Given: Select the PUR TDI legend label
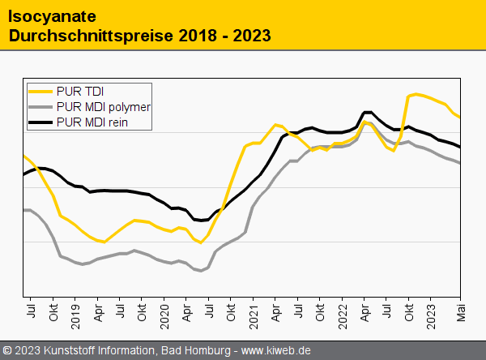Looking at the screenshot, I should point(80,91).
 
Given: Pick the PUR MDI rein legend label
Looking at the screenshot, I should point(92,123).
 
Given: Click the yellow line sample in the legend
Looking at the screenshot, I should point(40,91).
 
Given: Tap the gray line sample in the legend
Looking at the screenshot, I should point(40,107).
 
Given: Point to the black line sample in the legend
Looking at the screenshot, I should point(40,123).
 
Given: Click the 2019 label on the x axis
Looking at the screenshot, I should point(75,314).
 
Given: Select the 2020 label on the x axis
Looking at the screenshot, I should point(164,314).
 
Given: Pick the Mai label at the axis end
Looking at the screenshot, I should point(460,312).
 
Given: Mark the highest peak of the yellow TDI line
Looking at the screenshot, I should point(416,94).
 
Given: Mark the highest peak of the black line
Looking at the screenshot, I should point(367,112).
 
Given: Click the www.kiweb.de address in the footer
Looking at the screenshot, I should point(276,350).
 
